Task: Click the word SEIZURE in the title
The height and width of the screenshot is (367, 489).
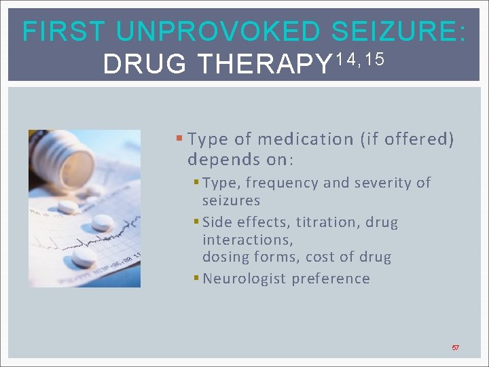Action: tap(400, 32)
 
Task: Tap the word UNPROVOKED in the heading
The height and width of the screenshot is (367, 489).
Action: tap(217, 32)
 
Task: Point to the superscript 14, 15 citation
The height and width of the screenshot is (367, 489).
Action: tap(361, 58)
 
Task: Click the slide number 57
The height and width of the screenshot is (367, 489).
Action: tap(456, 347)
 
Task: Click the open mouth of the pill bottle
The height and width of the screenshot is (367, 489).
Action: tap(77, 163)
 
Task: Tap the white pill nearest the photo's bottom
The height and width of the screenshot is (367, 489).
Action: tap(84, 256)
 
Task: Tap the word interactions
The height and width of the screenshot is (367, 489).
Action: tap(248, 239)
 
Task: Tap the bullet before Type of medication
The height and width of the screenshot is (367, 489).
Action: tap(179, 139)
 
